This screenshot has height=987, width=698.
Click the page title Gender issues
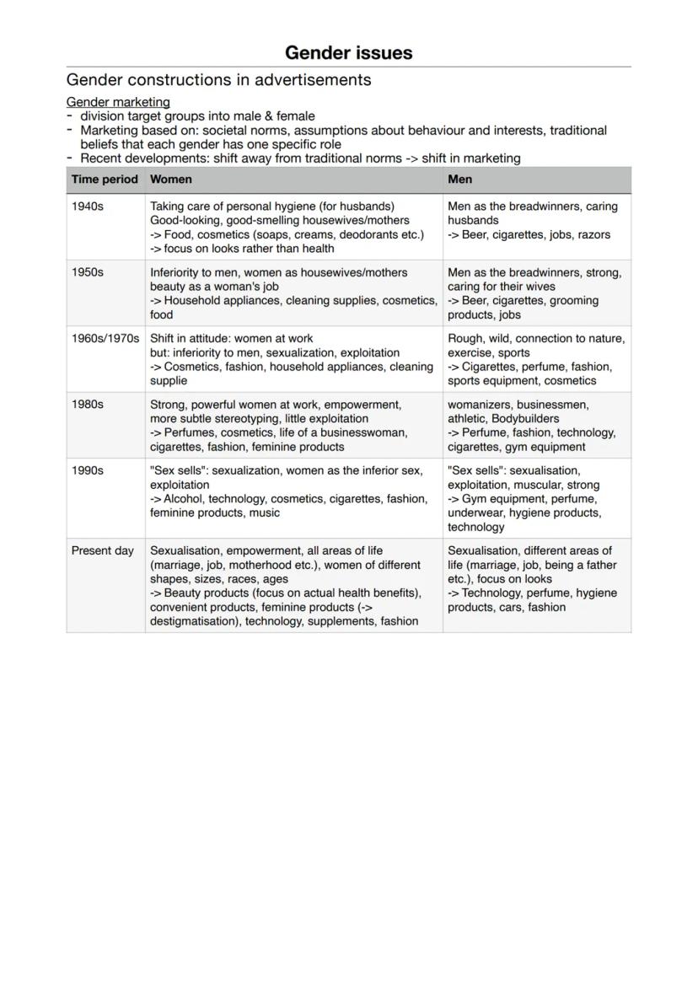[x=348, y=52]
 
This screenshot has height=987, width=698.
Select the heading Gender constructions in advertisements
[x=218, y=80]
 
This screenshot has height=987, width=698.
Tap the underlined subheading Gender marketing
[x=118, y=102]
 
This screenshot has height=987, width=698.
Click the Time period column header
[x=105, y=180]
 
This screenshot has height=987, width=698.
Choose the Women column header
[x=170, y=180]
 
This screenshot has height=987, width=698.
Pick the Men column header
[x=459, y=180]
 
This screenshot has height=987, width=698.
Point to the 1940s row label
[x=88, y=207]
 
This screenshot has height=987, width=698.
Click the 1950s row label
[x=88, y=273]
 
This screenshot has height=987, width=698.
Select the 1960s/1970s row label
[x=105, y=339]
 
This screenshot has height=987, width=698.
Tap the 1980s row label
[x=88, y=405]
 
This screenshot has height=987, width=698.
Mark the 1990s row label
[x=88, y=471]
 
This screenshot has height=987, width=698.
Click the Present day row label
[x=102, y=551]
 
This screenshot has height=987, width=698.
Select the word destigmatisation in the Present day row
[x=193, y=621]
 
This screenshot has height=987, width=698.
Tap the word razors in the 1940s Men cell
[x=593, y=235]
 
